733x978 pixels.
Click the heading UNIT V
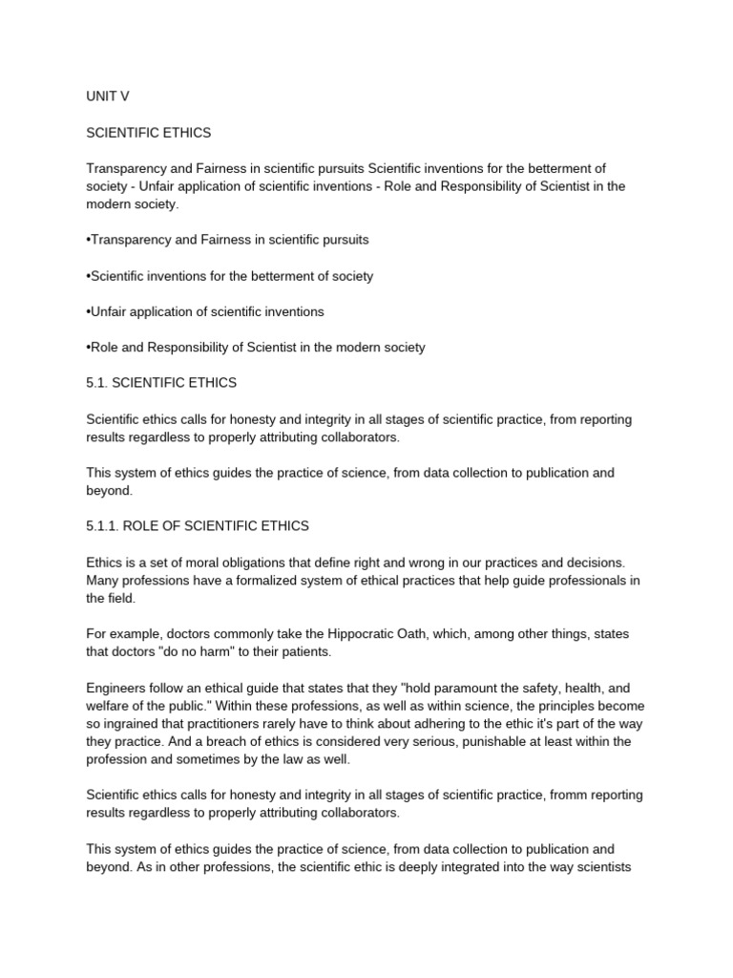[x=107, y=96]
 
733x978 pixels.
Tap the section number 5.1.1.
[x=106, y=526]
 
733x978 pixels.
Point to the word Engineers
[x=117, y=689]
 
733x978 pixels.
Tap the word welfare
[x=109, y=707]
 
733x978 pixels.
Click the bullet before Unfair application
[x=89, y=312]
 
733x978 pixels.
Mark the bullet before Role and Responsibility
[x=89, y=348]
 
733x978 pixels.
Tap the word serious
[x=439, y=742]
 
